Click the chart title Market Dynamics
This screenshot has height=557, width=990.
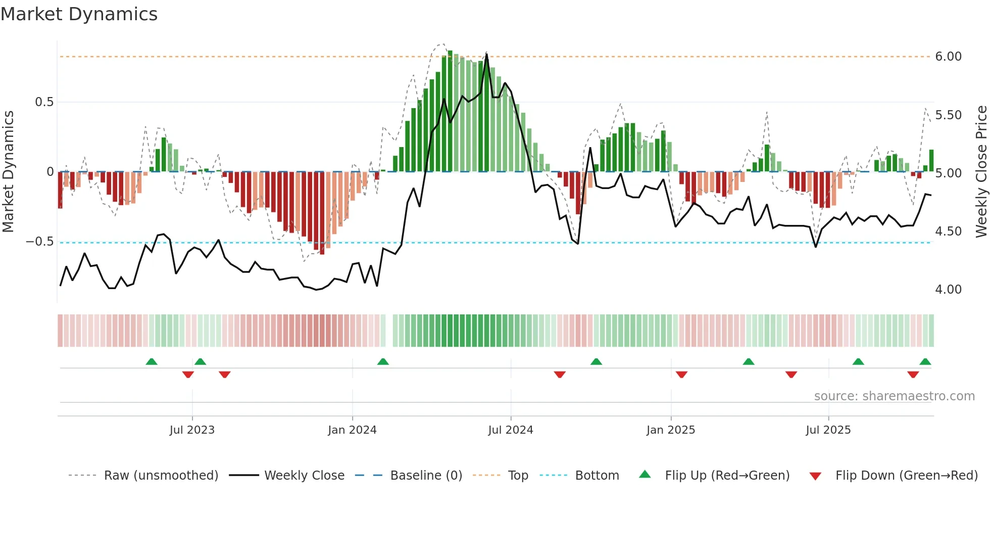[79, 14]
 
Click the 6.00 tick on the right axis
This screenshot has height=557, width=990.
[948, 57]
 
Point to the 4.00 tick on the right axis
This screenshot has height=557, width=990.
[948, 290]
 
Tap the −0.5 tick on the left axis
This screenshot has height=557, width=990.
[39, 242]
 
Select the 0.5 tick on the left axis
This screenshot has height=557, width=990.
[44, 102]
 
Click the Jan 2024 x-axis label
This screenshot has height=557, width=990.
[352, 430]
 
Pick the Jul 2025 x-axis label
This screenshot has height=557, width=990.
[828, 430]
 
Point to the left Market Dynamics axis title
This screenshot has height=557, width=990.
[8, 172]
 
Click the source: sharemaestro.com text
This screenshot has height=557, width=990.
[894, 396]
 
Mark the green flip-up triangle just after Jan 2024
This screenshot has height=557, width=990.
[383, 362]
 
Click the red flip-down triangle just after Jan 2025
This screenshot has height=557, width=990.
[681, 374]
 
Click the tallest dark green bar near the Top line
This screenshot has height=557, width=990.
[450, 111]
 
